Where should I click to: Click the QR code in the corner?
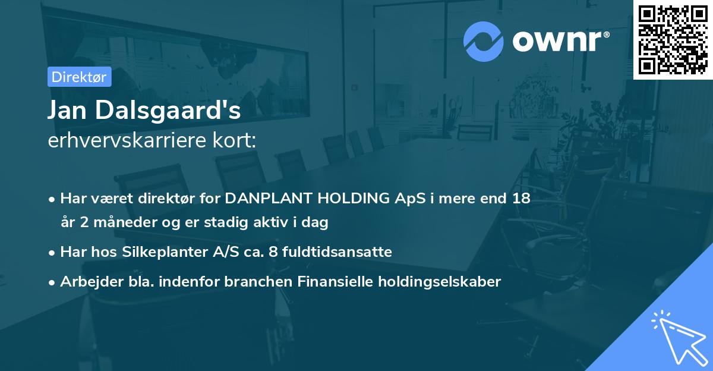[x=673, y=40]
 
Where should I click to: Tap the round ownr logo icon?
[x=484, y=41]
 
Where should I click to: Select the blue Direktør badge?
[x=79, y=77]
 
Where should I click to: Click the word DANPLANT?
[x=270, y=198]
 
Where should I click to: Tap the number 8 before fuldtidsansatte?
[x=273, y=252]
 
